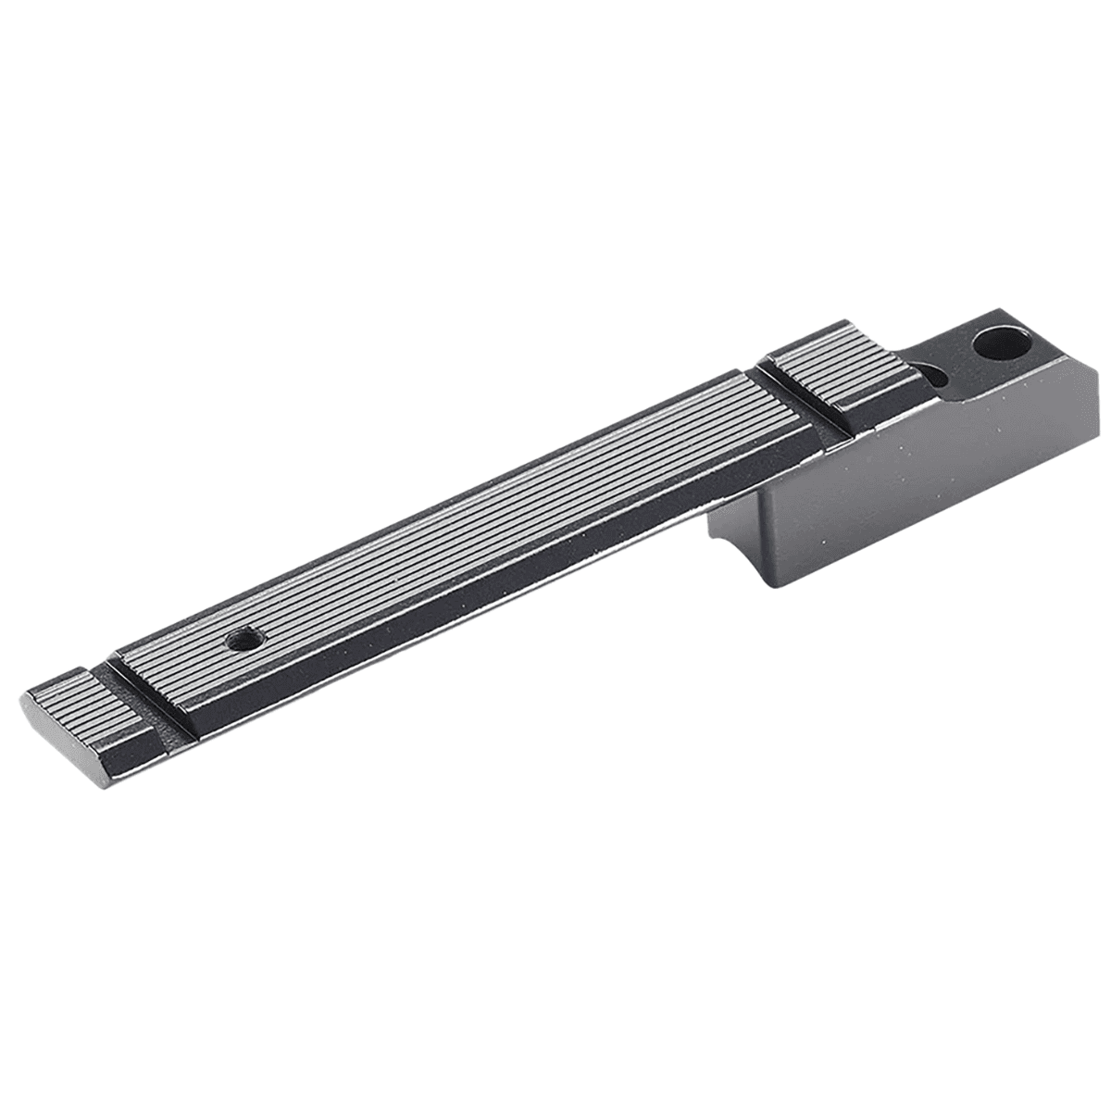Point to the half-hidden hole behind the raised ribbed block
[935, 375]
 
